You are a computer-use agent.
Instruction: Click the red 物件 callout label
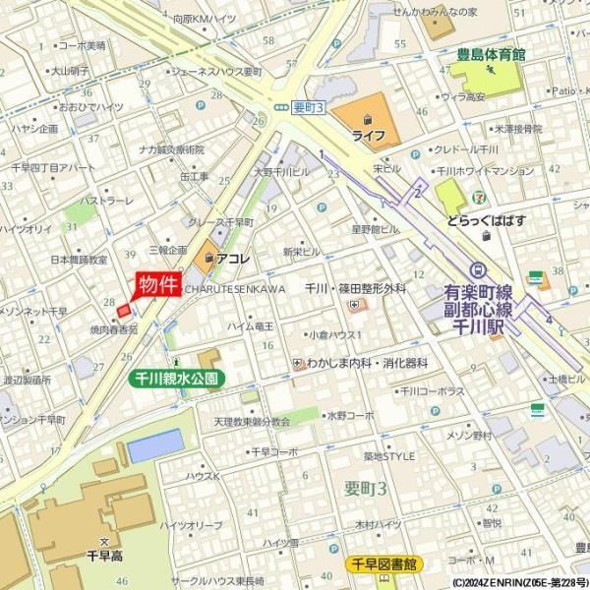[x=157, y=285]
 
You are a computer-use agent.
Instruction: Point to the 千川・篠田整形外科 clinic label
[x=355, y=288]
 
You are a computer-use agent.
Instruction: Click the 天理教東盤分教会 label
[x=252, y=421]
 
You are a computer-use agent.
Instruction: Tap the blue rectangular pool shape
[x=154, y=446]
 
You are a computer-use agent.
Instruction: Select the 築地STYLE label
[x=389, y=455]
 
